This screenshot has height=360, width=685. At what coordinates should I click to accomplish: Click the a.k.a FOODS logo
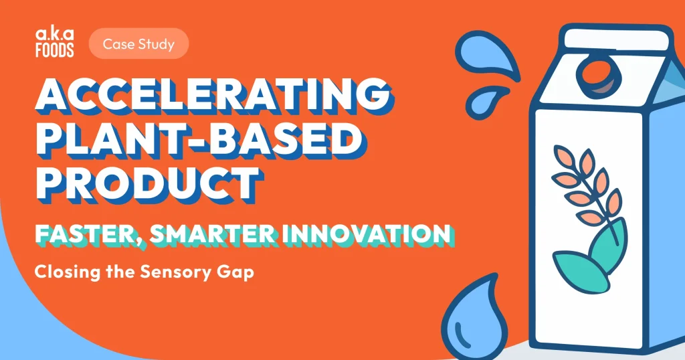click(55, 43)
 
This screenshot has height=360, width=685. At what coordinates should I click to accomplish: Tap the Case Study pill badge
click(138, 43)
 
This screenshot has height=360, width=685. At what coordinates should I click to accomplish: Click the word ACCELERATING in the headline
click(214, 95)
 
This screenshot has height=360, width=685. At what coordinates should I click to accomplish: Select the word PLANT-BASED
click(200, 139)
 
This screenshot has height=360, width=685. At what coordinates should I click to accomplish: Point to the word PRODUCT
click(149, 183)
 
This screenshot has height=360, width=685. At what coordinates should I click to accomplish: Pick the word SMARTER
click(213, 234)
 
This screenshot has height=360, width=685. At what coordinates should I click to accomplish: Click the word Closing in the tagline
click(68, 272)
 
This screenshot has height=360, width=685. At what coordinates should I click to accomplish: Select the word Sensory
click(175, 272)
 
